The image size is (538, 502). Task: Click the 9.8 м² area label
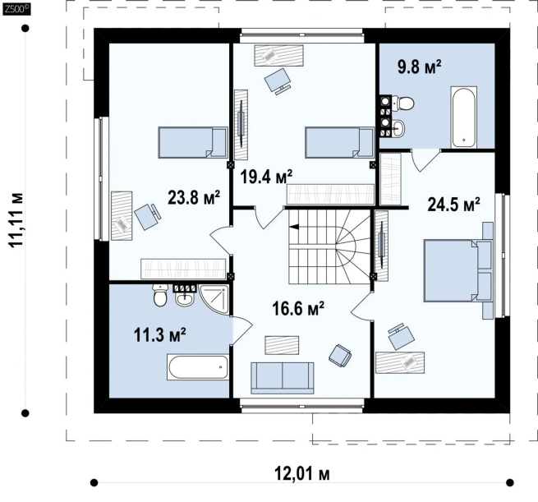point(419,67)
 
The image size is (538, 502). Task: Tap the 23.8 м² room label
point(194,197)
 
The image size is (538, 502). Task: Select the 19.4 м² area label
point(266,177)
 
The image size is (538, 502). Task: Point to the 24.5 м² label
point(453,205)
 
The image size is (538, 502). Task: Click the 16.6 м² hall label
point(298,308)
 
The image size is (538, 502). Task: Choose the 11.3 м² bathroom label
point(160,334)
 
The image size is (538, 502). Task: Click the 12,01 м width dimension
point(302,474)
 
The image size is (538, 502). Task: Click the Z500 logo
point(16,9)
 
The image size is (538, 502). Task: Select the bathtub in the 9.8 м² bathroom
point(464,117)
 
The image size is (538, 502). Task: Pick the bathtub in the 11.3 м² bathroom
point(198,366)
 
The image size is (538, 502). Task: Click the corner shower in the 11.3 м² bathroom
point(214,299)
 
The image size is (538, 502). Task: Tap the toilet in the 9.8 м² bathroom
point(403,103)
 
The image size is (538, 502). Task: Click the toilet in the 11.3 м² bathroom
point(159,296)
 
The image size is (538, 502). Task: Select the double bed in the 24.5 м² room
point(458,271)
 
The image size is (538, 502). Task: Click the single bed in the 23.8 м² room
point(193,142)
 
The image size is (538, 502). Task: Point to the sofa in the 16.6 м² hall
point(282,378)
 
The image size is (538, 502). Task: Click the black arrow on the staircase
point(294,227)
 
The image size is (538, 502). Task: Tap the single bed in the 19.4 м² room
point(340,142)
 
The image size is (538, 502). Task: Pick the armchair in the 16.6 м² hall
point(340,355)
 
